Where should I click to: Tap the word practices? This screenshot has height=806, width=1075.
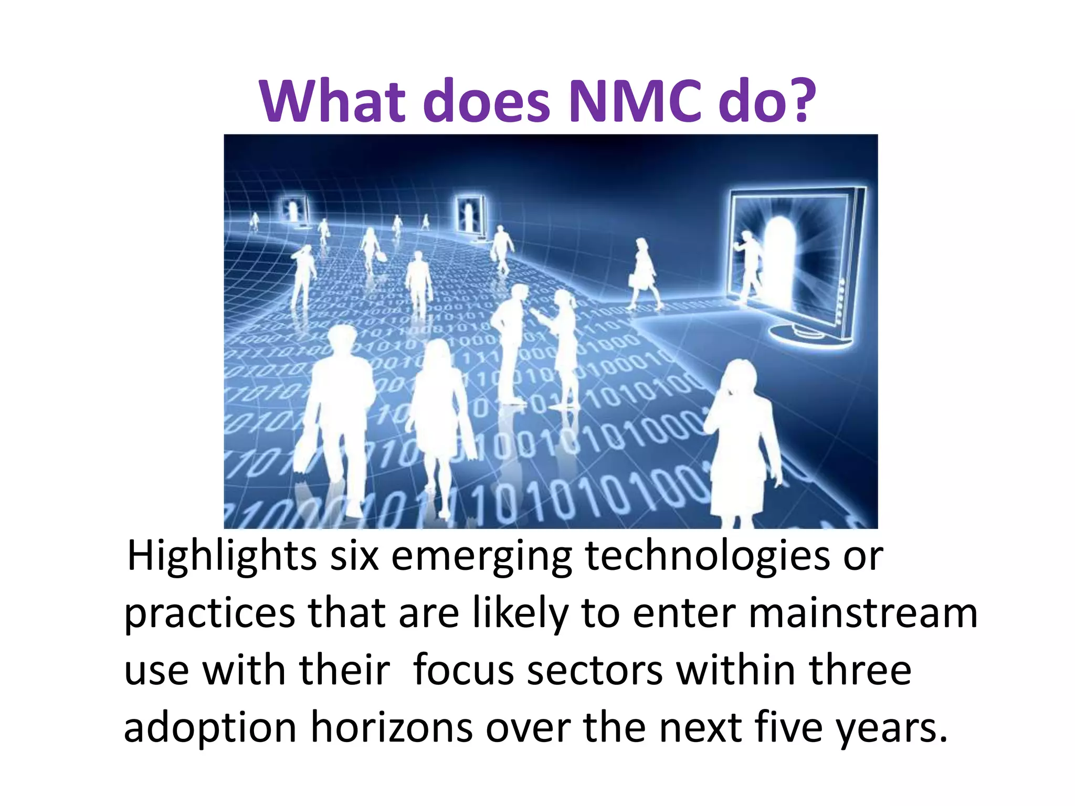(x=209, y=615)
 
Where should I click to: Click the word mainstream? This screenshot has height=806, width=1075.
(x=863, y=614)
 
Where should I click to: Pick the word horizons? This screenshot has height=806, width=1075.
(x=391, y=728)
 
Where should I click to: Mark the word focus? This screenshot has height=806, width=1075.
(x=463, y=672)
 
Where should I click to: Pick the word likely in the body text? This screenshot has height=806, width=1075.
(x=520, y=615)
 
